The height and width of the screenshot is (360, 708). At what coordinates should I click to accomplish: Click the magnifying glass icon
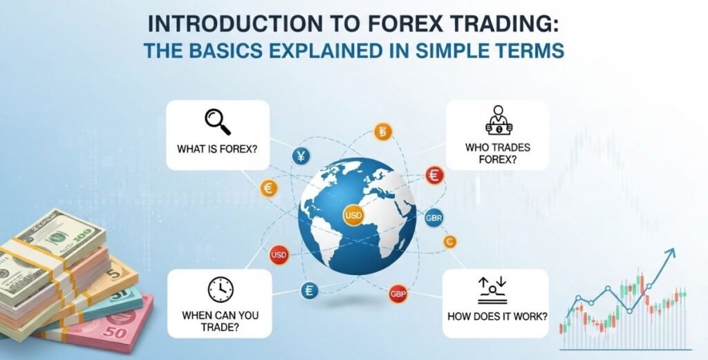click(217, 122)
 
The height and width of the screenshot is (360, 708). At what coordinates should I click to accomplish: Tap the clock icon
click(221, 289)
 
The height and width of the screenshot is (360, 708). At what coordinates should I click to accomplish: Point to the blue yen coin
click(302, 157)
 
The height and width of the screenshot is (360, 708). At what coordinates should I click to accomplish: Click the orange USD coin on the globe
click(353, 216)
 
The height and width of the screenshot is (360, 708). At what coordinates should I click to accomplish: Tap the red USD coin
click(279, 256)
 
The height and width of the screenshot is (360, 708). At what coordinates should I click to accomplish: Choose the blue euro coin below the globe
click(309, 291)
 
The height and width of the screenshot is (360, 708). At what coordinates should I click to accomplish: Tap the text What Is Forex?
click(216, 146)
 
